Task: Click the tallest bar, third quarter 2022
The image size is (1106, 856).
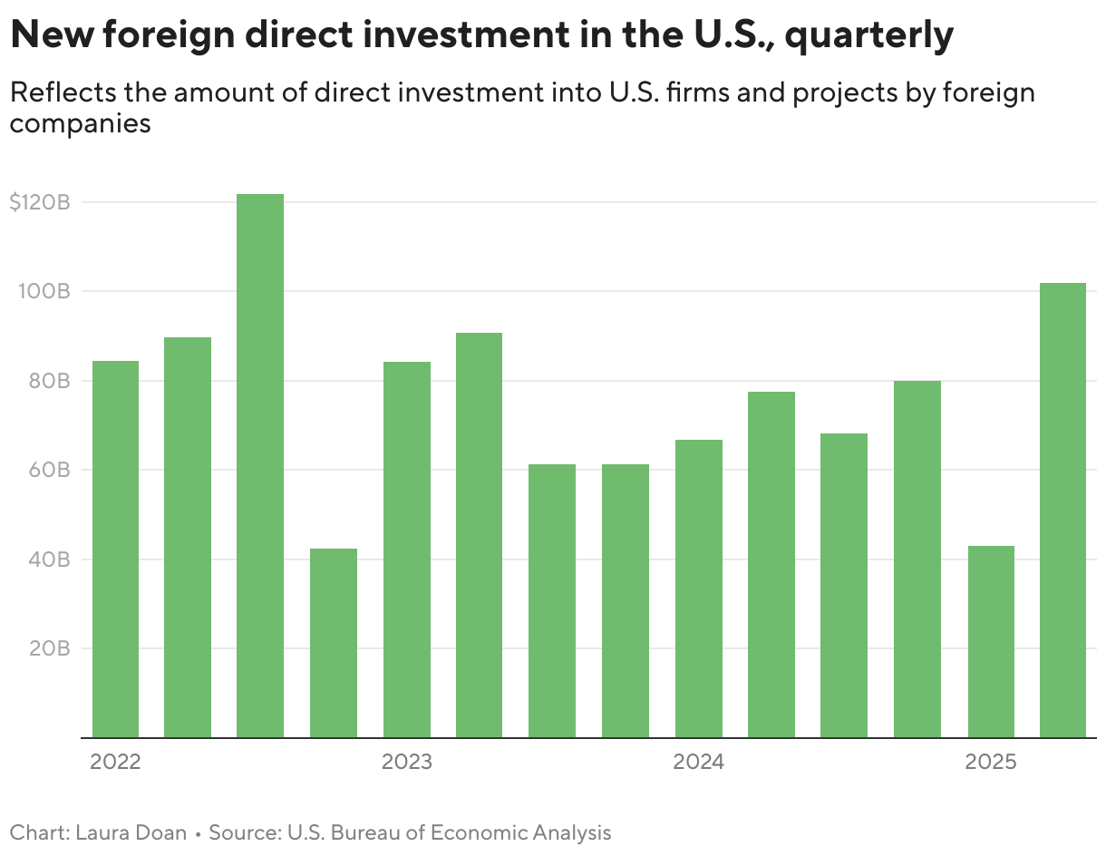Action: pyautogui.click(x=260, y=466)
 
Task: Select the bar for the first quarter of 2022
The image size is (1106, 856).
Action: pyautogui.click(x=115, y=550)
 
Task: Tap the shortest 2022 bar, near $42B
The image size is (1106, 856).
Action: pyautogui.click(x=333, y=643)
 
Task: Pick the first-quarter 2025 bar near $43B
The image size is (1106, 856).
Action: pyautogui.click(x=991, y=642)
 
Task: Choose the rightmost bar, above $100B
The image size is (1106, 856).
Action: pyautogui.click(x=1062, y=511)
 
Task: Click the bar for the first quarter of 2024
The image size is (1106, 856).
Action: pyautogui.click(x=698, y=588)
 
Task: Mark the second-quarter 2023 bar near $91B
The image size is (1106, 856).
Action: pyautogui.click(x=479, y=535)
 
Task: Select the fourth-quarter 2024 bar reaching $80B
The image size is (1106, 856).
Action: pyautogui.click(x=917, y=559)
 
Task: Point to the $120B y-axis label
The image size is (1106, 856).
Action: pyautogui.click(x=39, y=202)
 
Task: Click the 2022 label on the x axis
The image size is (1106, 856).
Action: pyautogui.click(x=115, y=762)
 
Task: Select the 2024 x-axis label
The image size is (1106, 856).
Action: pyautogui.click(x=698, y=762)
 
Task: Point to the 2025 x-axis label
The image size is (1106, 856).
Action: pyautogui.click(x=991, y=762)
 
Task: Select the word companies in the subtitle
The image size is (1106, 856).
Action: pyautogui.click(x=80, y=124)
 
